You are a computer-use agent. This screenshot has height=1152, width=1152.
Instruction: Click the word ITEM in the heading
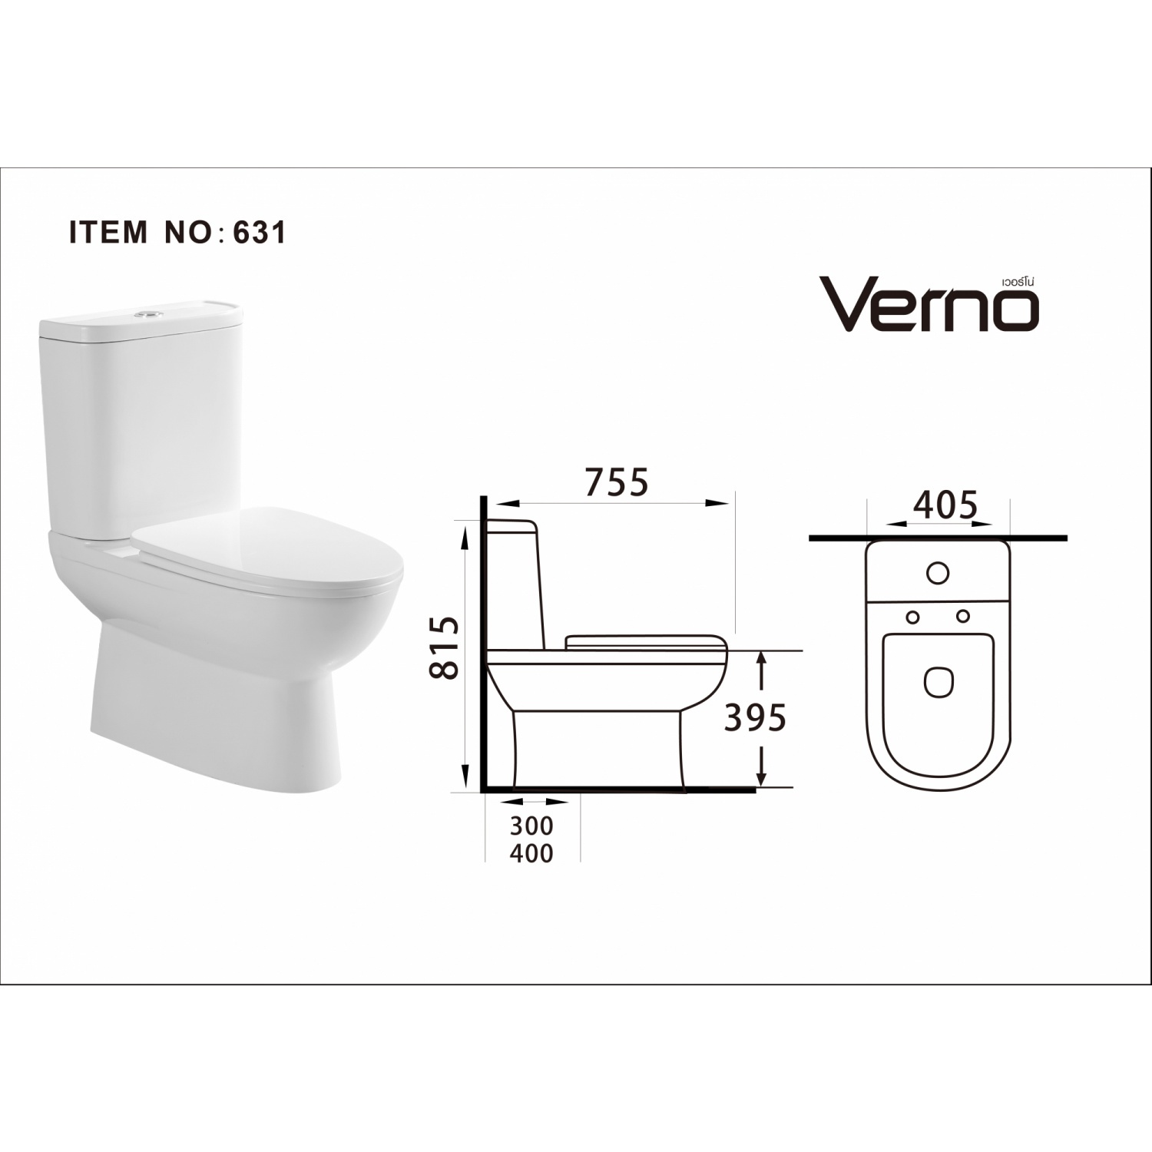click(108, 232)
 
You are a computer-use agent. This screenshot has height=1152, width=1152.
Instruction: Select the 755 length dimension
click(617, 482)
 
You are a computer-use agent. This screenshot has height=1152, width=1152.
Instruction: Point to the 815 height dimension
click(445, 647)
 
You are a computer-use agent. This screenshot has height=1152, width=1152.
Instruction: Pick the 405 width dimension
click(945, 505)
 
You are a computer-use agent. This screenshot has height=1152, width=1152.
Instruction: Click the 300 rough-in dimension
click(531, 826)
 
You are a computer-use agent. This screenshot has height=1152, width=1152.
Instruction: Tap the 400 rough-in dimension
click(531, 853)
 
